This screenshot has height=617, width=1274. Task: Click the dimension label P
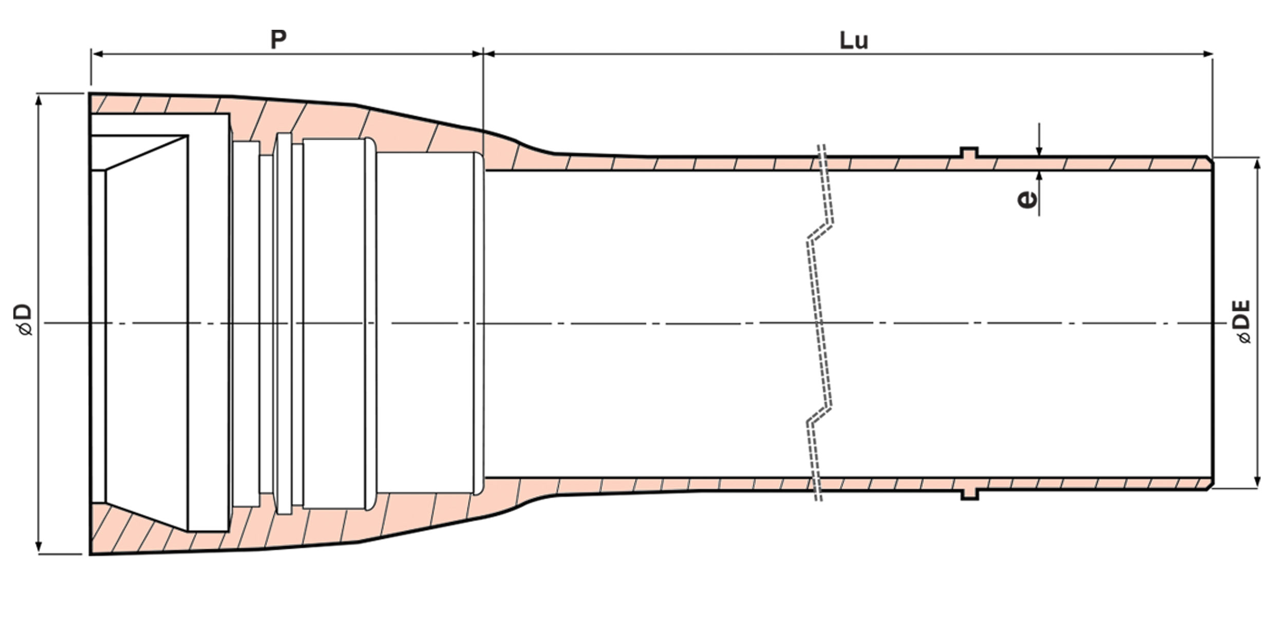[x=278, y=40]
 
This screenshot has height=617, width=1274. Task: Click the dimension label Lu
[x=854, y=41]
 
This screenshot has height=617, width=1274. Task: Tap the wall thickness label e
[x=1027, y=199]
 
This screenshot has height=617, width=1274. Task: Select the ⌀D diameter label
[x=24, y=320]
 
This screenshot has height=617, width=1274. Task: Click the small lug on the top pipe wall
[x=969, y=152]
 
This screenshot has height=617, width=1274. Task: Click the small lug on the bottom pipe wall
[x=969, y=494]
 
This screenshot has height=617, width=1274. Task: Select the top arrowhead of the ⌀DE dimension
[x=1257, y=163]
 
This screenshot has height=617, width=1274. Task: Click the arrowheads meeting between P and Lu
[x=483, y=53]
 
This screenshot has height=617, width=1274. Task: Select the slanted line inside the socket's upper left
[x=146, y=153]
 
